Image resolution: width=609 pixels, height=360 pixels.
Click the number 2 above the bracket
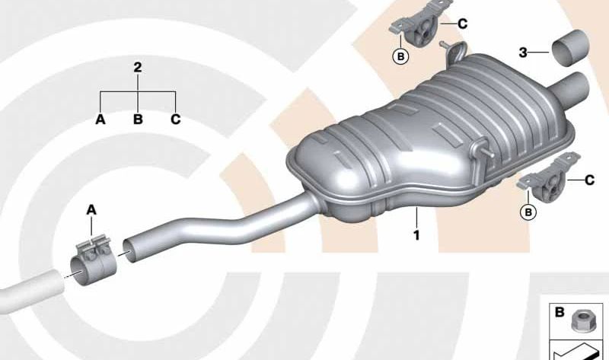[138, 68]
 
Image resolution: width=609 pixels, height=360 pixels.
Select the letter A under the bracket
[100, 119]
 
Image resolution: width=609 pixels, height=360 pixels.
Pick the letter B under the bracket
[138, 119]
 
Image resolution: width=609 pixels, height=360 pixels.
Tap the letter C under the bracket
[176, 119]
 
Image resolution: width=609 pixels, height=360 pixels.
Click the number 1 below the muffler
[416, 236]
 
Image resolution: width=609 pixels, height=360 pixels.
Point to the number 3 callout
[523, 53]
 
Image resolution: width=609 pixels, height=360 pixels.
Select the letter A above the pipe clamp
[91, 209]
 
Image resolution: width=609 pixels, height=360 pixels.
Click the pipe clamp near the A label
[91, 259]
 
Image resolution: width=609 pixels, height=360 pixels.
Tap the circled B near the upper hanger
[400, 55]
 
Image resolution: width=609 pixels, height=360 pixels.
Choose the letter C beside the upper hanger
[463, 24]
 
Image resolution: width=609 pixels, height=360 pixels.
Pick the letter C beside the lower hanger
[589, 180]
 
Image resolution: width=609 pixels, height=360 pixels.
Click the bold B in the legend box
[559, 311]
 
